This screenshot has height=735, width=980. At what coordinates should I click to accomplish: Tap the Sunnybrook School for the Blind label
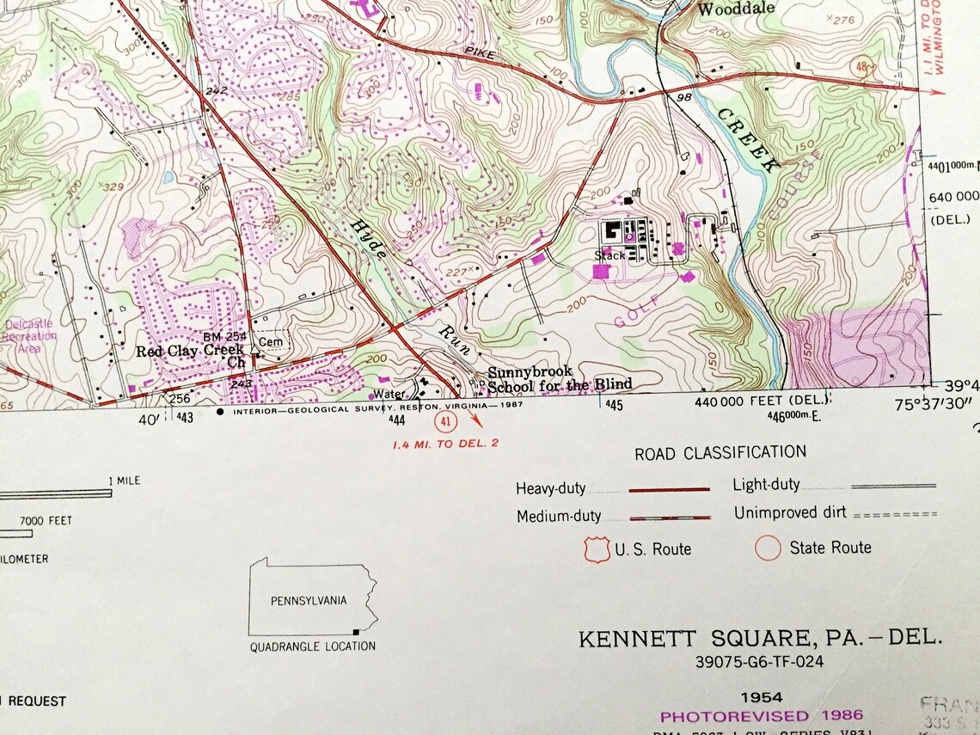point(560,379)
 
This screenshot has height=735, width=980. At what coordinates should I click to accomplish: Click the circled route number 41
point(444,420)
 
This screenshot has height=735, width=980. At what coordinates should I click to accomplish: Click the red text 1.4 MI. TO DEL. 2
point(444,444)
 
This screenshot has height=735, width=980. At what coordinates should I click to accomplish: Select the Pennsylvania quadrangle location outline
point(312,597)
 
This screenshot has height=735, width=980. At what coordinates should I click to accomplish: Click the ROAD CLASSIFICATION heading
point(720,452)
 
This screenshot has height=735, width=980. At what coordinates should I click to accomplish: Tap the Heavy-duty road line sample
point(669,488)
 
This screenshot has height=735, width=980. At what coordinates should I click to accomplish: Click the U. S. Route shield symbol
point(597,548)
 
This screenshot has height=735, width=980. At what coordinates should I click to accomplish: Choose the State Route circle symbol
point(768,548)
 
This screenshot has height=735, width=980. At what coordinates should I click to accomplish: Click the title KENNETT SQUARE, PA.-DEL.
point(760,640)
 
